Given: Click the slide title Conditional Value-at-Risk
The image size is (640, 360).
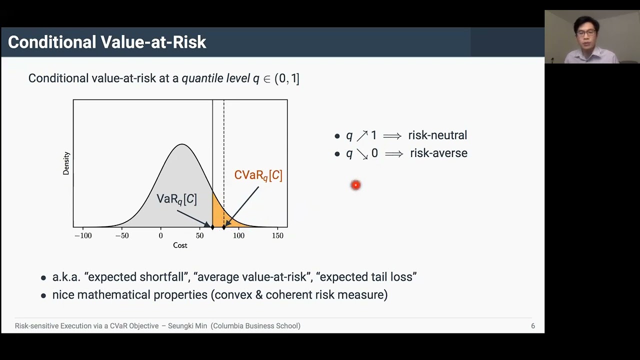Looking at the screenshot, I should [x=107, y=42].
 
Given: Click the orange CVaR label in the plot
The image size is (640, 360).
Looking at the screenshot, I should [x=258, y=175].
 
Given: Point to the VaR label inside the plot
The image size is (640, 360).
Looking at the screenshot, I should [x=176, y=199].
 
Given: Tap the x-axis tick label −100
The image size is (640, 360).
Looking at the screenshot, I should [x=83, y=235].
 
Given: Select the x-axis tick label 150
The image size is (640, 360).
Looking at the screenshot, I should [x=277, y=235].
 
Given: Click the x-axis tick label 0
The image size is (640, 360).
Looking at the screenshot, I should [x=160, y=235].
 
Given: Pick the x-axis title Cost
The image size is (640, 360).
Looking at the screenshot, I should [x=180, y=245].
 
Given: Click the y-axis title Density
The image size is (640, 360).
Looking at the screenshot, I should [x=66, y=163].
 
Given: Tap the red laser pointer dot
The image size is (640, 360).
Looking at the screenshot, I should [x=355, y=185].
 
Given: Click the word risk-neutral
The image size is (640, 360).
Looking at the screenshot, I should [x=437, y=135].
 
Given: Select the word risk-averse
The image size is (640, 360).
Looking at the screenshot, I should [x=438, y=153].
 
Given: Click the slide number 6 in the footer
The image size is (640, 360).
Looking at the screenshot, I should [x=533, y=326].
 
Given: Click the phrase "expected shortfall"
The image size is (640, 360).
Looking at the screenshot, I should [x=136, y=277].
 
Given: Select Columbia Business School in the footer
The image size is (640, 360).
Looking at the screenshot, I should [x=255, y=326].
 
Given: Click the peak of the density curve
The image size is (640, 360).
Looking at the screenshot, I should [x=182, y=144].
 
